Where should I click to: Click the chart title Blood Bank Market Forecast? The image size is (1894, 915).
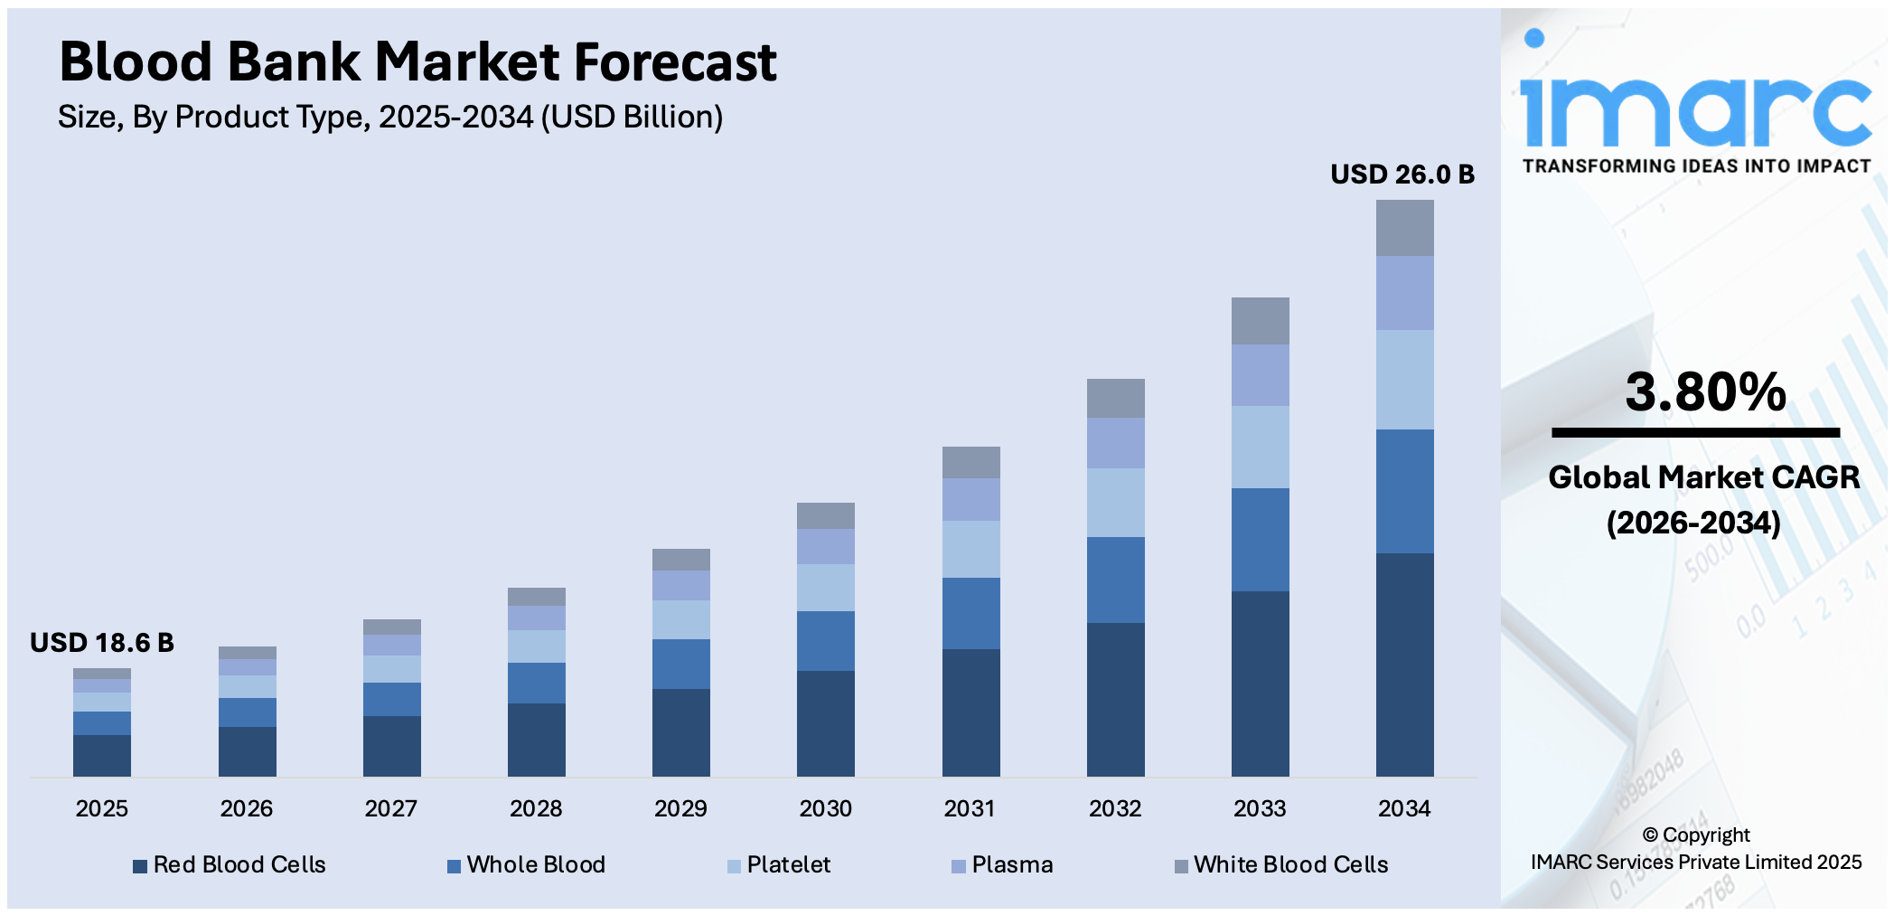tap(417, 61)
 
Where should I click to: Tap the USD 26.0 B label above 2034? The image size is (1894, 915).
tap(1402, 174)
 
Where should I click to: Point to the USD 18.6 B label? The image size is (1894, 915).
tap(102, 643)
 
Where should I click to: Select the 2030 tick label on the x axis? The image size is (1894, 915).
tap(825, 808)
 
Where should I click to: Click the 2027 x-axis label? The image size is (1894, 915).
tap(390, 808)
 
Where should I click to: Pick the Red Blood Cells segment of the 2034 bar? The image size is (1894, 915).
tap(1404, 665)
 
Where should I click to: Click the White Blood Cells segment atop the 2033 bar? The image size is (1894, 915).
tap(1260, 321)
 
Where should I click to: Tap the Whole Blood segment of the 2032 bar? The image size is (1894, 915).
tap(1115, 580)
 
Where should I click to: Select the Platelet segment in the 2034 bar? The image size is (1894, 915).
tap(1404, 380)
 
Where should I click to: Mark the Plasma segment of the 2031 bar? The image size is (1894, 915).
tap(970, 499)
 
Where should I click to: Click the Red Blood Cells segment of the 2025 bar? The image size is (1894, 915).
tap(102, 755)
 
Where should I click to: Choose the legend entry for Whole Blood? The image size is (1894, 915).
tap(527, 865)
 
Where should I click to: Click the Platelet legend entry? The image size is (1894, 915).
tap(779, 865)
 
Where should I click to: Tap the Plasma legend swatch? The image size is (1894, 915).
tap(959, 866)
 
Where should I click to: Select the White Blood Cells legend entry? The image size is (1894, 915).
tap(1281, 865)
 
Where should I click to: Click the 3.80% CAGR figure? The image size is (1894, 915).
tap(1705, 392)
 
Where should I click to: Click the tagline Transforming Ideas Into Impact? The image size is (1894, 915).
tap(1696, 166)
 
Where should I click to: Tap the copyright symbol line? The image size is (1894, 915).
tap(1696, 835)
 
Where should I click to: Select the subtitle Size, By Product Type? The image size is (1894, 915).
tap(390, 118)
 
